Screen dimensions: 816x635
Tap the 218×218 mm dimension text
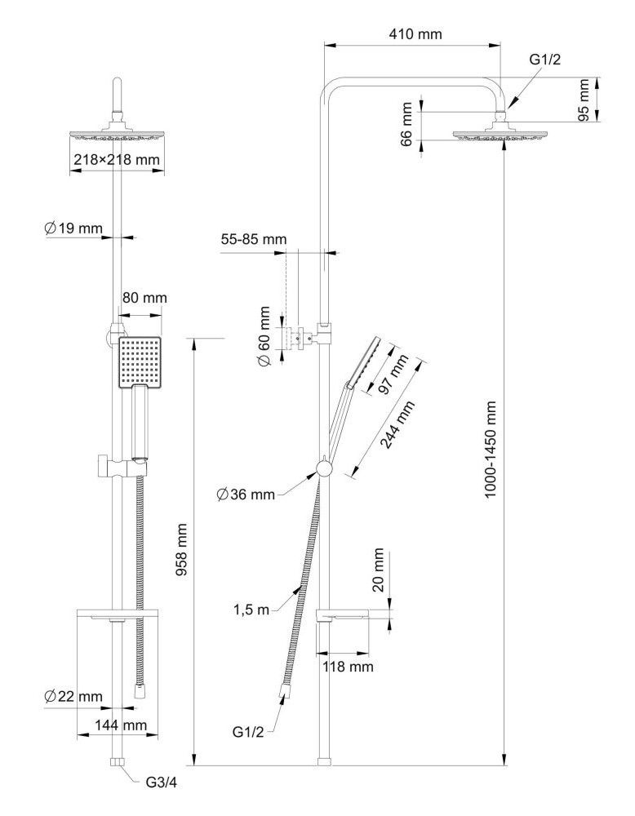(x=117, y=160)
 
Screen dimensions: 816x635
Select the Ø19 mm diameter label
(x=73, y=228)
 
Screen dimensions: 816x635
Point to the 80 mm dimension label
(x=144, y=298)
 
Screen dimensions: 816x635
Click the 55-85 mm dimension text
(x=254, y=239)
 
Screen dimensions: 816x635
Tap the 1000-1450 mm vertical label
(x=491, y=449)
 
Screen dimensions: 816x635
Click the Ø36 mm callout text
(x=246, y=494)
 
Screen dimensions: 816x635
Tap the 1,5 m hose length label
(x=252, y=610)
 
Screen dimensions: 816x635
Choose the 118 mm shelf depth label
(x=349, y=667)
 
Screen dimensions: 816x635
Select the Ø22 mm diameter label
(x=73, y=696)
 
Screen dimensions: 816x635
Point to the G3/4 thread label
(x=162, y=781)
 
